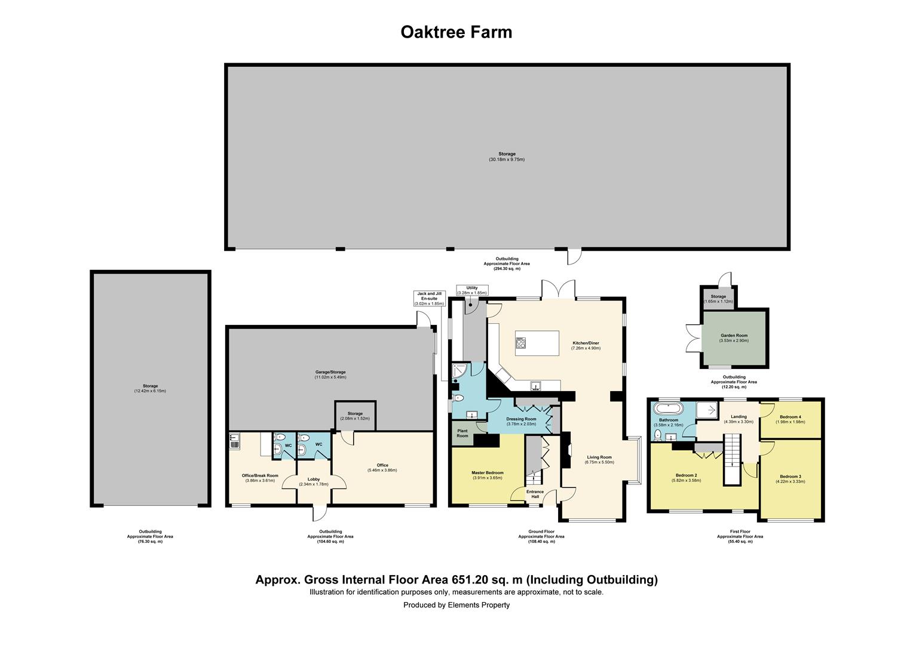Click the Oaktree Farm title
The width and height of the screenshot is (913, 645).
[456, 32]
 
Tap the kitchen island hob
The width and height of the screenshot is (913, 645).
[520, 343]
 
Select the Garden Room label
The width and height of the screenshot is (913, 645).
[734, 336]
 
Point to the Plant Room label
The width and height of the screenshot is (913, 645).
[462, 433]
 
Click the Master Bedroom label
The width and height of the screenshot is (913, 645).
[488, 472]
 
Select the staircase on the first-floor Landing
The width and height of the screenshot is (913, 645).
[731, 459]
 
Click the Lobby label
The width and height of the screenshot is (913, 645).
[314, 479]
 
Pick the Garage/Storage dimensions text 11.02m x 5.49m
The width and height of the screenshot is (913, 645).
[330, 377]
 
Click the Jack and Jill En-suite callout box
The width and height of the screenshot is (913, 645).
[430, 299]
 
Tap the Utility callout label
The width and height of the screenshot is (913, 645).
[472, 288]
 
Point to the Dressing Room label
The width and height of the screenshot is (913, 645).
[521, 419]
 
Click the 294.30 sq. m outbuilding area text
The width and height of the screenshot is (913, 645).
[507, 269]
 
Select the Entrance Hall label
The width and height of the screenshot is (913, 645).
[535, 494]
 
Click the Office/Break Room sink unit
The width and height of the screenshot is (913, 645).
[234, 441]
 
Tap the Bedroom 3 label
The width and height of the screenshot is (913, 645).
[790, 477]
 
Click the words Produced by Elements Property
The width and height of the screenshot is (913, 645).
[456, 605]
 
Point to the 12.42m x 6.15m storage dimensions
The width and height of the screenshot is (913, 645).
[150, 391]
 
